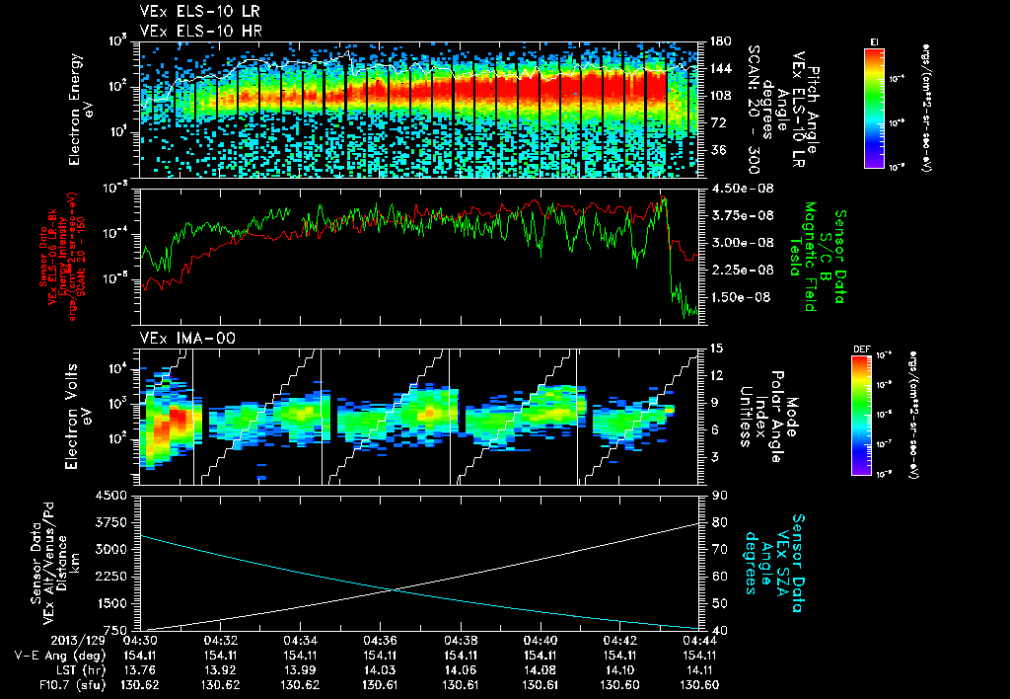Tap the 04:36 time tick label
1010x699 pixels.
(380, 640)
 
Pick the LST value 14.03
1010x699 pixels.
(380, 668)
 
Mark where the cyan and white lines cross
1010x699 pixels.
(393, 590)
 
